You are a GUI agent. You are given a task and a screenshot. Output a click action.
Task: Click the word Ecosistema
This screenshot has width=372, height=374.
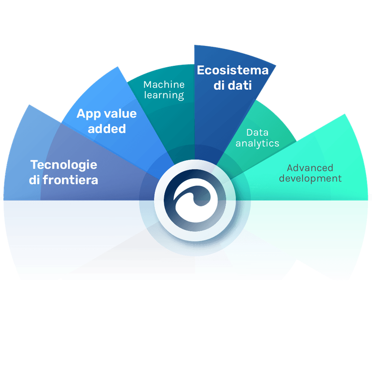pos(233,70)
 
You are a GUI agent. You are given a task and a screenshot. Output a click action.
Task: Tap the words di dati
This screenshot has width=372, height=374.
pos(233,86)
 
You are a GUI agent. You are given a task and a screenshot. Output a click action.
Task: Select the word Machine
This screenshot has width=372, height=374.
pos(164,84)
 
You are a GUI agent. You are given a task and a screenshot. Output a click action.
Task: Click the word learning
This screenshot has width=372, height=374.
pos(164,95)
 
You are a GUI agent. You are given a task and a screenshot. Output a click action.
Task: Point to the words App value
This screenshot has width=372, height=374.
pos(107,114)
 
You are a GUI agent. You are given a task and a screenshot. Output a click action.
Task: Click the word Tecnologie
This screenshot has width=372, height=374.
pos(64,165)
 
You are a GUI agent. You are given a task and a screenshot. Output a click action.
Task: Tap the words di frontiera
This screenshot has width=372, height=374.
pos(63,180)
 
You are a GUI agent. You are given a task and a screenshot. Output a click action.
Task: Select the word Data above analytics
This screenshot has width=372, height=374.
pos(257,133)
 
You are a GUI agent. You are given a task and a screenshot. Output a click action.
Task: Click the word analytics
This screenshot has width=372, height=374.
pos(257,144)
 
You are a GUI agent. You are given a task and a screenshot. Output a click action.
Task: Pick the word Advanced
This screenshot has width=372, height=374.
pos(310,168)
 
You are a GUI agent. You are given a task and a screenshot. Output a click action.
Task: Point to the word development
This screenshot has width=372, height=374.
pos(310,178)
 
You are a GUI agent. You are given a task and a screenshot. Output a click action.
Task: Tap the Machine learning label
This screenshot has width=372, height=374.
pos(164,90)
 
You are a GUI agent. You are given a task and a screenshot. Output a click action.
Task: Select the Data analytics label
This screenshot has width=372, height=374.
pos(257,138)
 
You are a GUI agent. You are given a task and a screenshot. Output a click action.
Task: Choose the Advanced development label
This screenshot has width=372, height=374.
pos(310,173)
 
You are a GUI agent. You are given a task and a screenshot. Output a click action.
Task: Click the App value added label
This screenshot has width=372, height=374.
pos(106,121)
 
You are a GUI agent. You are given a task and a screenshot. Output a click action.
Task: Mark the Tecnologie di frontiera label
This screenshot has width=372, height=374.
pos(63,172)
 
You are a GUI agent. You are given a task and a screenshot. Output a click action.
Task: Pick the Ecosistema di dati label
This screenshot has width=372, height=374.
pos(233,78)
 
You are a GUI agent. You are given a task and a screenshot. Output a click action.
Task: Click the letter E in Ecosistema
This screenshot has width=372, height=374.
pos(201,70)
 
